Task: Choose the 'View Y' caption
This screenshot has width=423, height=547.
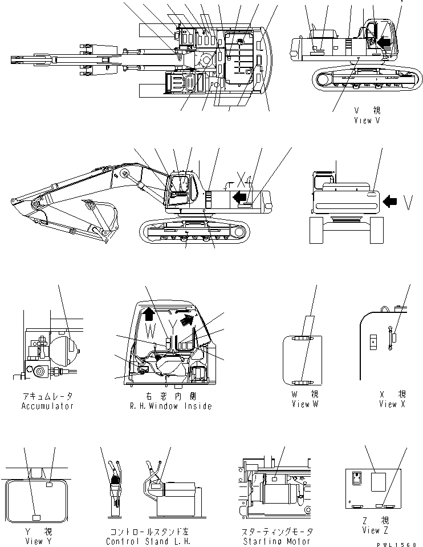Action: tap(34, 541)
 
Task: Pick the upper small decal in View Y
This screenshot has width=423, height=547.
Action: tap(50, 485)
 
